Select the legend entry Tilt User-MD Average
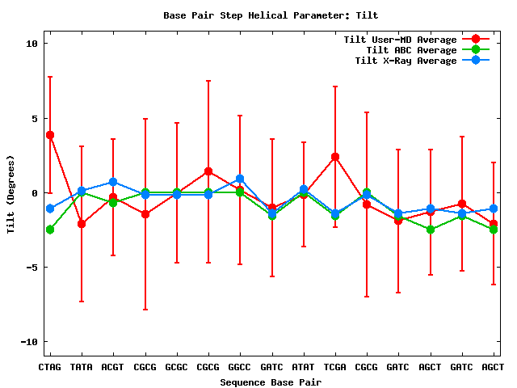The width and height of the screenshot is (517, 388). [x=400, y=40]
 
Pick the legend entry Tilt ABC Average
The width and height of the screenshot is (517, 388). [x=400, y=50]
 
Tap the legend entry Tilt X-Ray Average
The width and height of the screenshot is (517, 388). [x=400, y=61]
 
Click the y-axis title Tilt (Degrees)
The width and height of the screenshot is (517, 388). [x=11, y=193]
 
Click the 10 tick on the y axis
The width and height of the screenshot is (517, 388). [x=33, y=44]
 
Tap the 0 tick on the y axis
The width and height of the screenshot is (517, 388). [x=36, y=193]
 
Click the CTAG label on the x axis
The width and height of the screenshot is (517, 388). [x=50, y=367]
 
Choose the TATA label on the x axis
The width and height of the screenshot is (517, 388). [x=82, y=367]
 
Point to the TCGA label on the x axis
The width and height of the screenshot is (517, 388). [x=335, y=367]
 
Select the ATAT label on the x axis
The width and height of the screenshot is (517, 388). [x=304, y=367]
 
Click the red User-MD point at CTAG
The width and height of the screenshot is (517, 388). [x=50, y=135]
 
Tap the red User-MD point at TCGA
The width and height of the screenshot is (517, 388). [x=335, y=157]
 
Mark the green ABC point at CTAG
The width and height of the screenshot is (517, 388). [x=50, y=230]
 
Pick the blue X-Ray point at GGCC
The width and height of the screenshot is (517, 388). [x=240, y=179]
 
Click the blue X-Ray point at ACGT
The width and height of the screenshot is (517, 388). [x=113, y=182]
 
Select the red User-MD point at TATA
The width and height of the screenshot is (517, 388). [x=82, y=223]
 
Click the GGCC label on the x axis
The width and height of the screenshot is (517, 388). [x=240, y=367]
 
